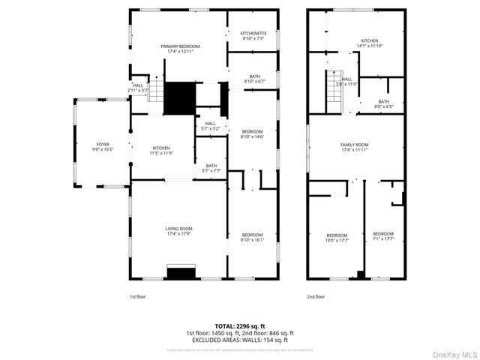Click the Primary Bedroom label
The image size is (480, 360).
click(x=179, y=46)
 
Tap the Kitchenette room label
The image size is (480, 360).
click(x=253, y=34)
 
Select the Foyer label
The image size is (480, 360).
click(x=102, y=144)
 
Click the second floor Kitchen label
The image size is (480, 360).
click(x=369, y=41)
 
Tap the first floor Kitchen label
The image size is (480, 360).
click(x=162, y=148)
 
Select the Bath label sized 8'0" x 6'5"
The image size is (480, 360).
click(x=383, y=103)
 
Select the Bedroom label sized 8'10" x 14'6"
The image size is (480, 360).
click(x=252, y=132)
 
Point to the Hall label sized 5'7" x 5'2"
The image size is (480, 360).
click(x=210, y=124)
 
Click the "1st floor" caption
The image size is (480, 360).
click(x=139, y=297)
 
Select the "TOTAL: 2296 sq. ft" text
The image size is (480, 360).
click(x=240, y=326)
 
